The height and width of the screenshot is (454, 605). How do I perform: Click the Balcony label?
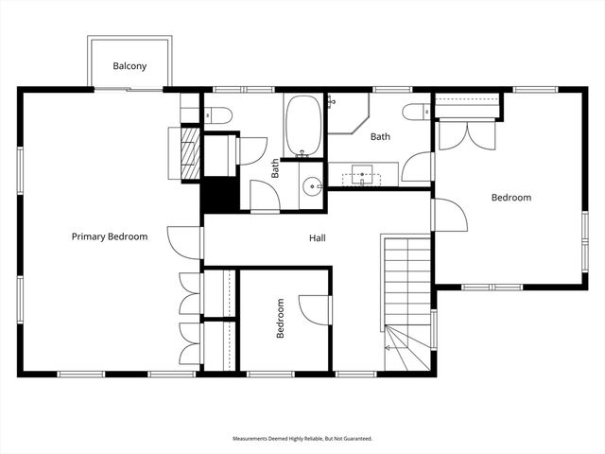[130, 66]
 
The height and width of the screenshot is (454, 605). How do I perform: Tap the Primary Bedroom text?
[110, 236]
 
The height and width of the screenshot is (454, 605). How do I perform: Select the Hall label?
[318, 238]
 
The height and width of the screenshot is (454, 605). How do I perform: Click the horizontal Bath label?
[380, 137]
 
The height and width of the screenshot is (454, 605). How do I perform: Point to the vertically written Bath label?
[276, 168]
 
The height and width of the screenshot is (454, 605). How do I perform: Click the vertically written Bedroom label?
[281, 320]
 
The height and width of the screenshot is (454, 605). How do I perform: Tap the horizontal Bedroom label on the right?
[510, 198]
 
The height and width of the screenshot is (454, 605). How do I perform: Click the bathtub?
[304, 126]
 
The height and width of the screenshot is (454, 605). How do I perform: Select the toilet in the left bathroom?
[218, 115]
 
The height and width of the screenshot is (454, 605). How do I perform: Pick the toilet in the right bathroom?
[416, 113]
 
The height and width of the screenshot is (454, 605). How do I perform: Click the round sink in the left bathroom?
[313, 185]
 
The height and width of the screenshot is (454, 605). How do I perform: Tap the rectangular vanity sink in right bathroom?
[362, 175]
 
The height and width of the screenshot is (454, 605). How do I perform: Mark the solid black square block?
[216, 196]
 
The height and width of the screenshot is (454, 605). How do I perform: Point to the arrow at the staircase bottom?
[389, 348]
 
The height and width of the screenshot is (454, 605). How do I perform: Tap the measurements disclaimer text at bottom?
[302, 439]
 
